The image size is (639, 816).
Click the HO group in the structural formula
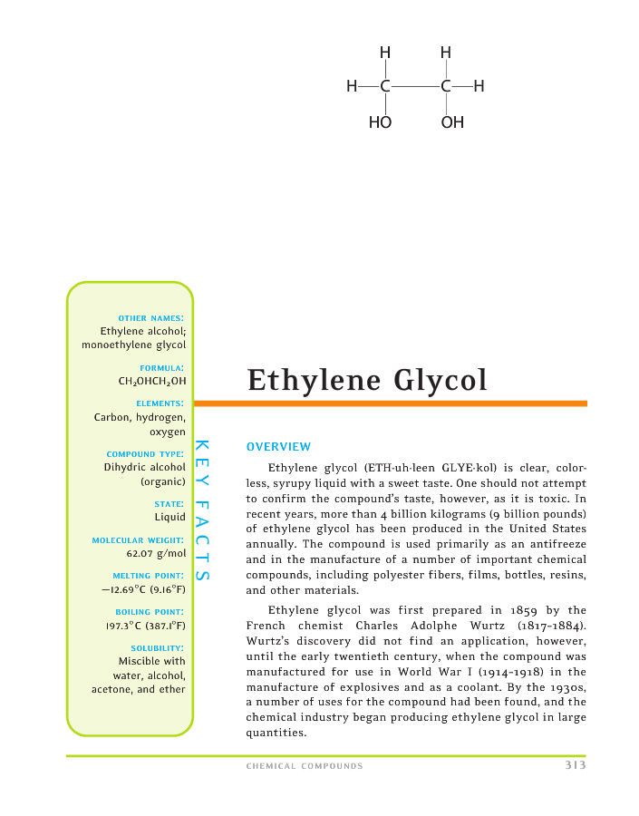point(380,122)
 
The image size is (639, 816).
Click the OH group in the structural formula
point(452,122)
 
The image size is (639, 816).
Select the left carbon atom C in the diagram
point(385,87)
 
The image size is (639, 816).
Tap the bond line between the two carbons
point(415,87)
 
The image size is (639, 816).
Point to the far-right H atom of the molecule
point(479,87)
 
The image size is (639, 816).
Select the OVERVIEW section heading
point(278,447)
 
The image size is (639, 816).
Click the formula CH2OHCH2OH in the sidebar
point(152,382)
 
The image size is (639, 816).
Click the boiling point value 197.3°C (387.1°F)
point(145,626)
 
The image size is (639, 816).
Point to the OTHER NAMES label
point(151,318)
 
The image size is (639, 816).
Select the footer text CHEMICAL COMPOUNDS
point(305,766)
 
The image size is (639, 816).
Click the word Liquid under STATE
point(169,518)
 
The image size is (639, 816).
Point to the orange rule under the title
point(390,403)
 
